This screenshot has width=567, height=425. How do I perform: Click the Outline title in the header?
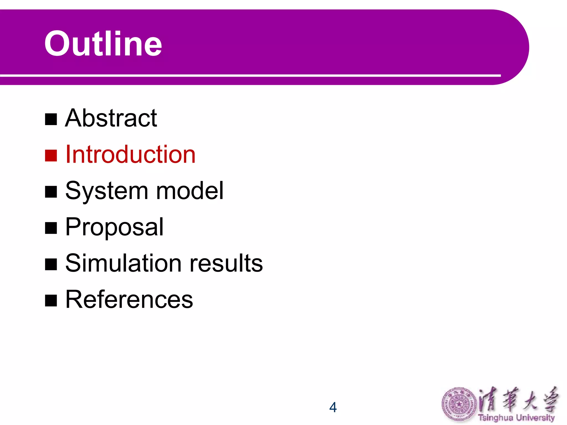(103, 44)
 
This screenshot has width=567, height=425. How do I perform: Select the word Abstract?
(111, 118)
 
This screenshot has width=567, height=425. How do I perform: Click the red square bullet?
(51, 156)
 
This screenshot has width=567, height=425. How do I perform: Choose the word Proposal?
(114, 227)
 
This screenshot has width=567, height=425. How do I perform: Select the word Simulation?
(123, 263)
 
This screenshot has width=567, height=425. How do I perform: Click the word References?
(129, 299)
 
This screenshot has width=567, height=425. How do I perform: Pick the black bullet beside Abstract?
(51, 119)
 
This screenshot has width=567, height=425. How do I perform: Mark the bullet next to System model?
(51, 192)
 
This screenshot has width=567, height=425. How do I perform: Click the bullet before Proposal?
(51, 228)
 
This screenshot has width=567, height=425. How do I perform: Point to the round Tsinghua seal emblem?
(458, 405)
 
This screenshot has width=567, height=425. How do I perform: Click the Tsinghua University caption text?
(516, 418)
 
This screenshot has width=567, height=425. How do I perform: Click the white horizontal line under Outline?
(249, 75)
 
